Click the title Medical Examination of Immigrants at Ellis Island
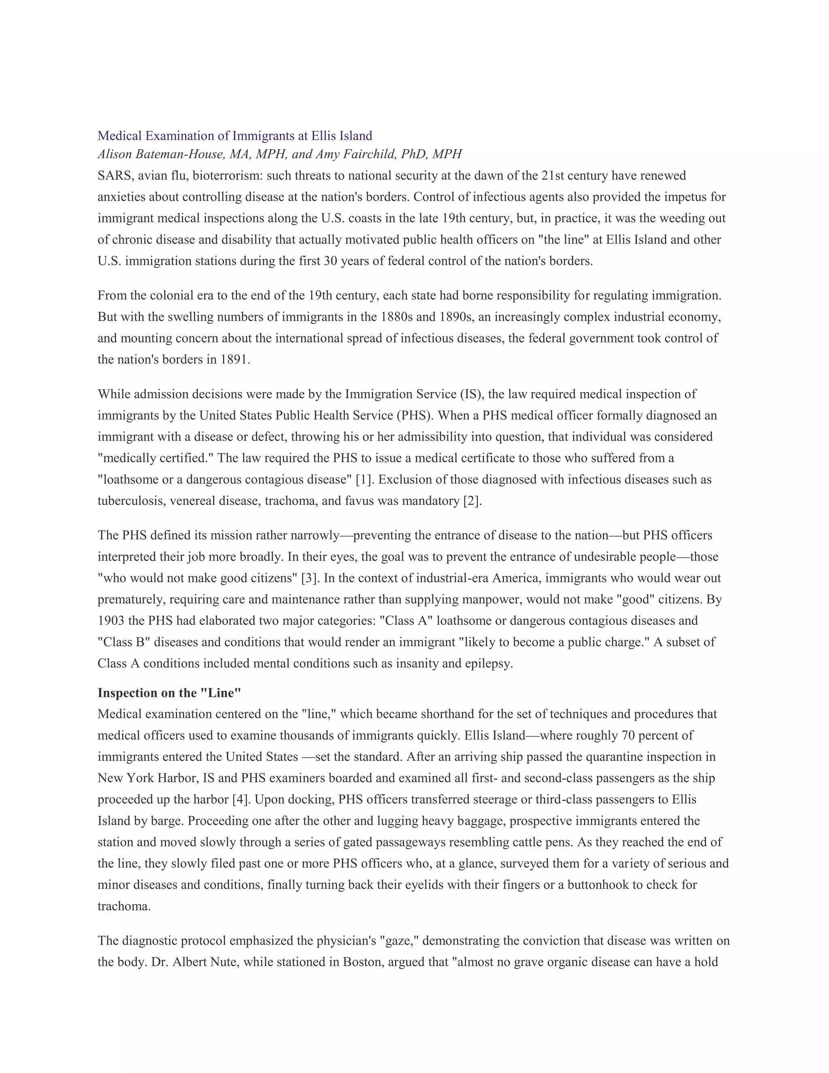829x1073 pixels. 235,136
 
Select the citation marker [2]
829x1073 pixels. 472,501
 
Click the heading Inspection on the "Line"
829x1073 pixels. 170,693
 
